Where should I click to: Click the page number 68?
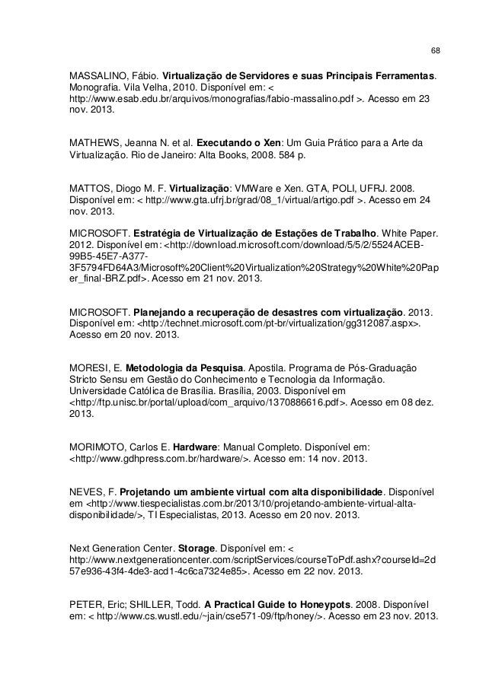click(435, 52)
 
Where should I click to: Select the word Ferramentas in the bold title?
click(401, 77)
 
